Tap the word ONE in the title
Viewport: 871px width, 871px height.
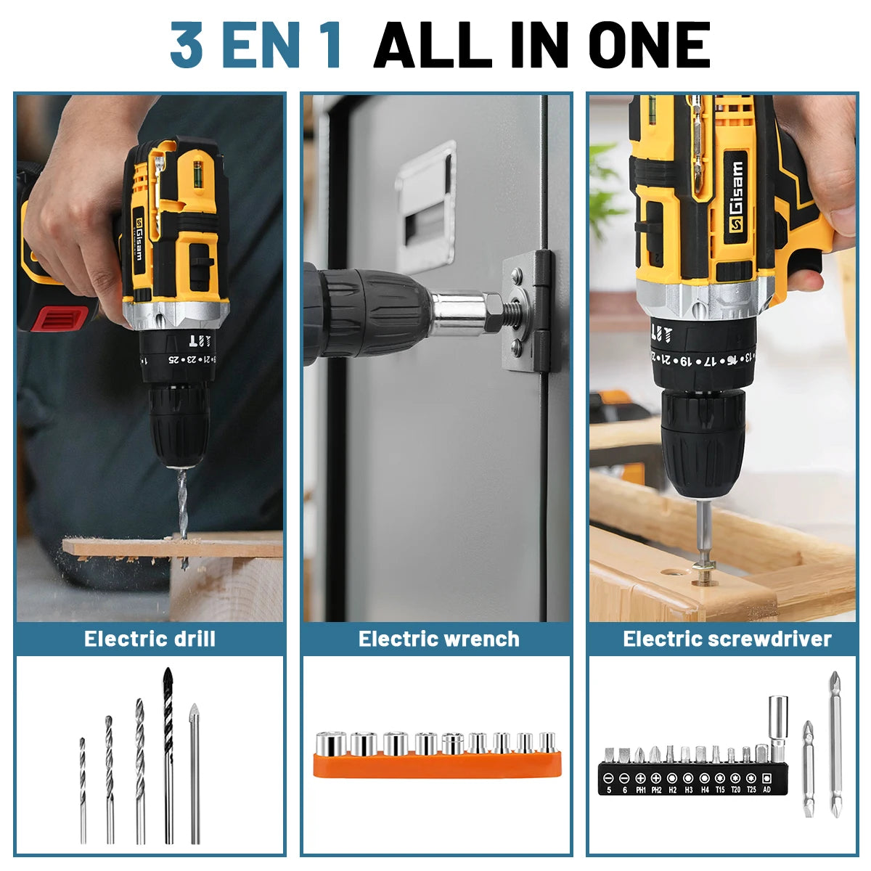coord(650,45)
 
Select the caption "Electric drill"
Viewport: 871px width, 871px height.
coord(150,639)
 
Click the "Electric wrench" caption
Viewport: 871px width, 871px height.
coord(438,639)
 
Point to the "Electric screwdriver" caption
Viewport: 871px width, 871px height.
coord(727,639)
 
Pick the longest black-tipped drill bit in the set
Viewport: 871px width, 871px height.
coord(168,755)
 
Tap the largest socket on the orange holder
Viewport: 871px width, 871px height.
coord(331,744)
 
